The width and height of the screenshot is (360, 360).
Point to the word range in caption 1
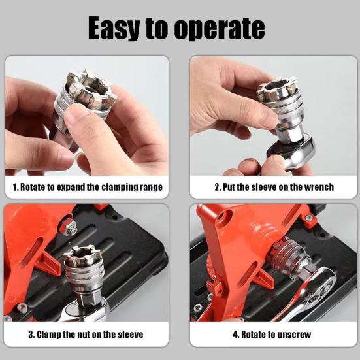coord(150,187)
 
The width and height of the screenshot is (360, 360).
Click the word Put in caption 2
coord(231,187)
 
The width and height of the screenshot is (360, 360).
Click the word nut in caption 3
coord(88,335)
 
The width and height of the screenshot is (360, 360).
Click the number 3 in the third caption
coord(31,335)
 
